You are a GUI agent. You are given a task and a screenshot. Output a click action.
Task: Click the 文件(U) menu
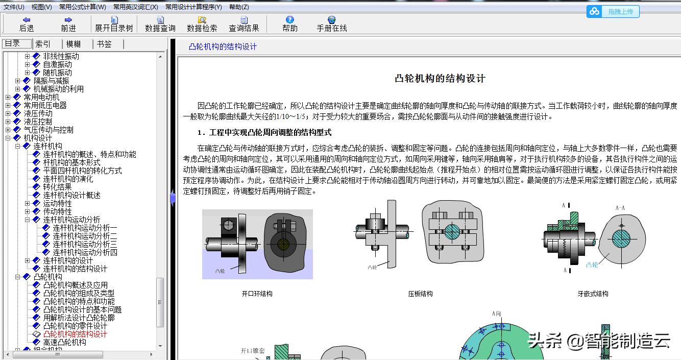[14, 7]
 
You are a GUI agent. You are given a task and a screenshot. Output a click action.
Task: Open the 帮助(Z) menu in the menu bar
[239, 7]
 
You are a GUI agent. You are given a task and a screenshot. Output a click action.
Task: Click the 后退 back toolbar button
[27, 24]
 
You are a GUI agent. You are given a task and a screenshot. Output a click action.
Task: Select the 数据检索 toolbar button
[202, 24]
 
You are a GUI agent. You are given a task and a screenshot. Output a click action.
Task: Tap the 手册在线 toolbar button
[331, 24]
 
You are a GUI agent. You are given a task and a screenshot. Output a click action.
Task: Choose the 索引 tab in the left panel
[43, 44]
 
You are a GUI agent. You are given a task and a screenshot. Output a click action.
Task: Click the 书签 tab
[104, 44]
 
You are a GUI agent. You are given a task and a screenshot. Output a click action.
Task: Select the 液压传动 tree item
[38, 113]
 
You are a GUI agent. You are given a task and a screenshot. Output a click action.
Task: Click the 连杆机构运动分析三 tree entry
[85, 244]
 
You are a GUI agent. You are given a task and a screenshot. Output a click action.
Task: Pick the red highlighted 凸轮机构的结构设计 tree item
[75, 334]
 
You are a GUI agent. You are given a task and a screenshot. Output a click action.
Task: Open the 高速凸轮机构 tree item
[64, 342]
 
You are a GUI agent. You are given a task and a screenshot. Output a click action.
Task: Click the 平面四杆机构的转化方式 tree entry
[82, 171]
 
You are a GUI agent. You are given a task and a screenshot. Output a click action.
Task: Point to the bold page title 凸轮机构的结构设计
[440, 79]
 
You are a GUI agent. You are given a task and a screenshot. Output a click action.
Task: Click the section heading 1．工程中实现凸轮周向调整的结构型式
[264, 133]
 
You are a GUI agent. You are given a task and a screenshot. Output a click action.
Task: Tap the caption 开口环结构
[257, 294]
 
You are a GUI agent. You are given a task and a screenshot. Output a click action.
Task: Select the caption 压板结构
[420, 294]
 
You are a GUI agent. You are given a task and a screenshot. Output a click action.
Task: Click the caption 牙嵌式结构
[593, 294]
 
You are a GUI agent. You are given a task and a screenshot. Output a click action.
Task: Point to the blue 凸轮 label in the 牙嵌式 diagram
[592, 265]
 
